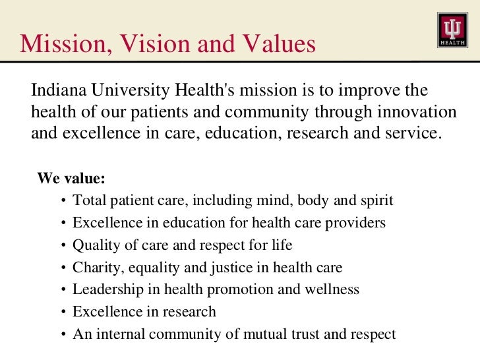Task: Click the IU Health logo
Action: point(452,30)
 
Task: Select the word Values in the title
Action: point(276,44)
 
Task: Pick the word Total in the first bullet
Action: point(87,200)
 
